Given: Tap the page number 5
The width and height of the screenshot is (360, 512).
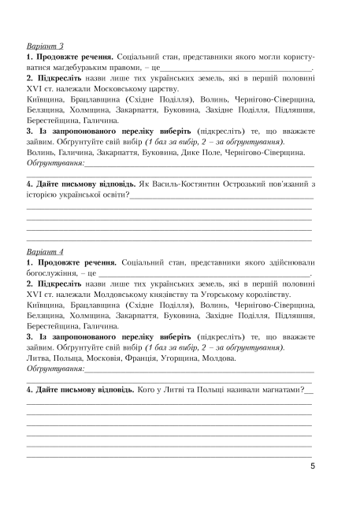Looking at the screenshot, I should [314, 466].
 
